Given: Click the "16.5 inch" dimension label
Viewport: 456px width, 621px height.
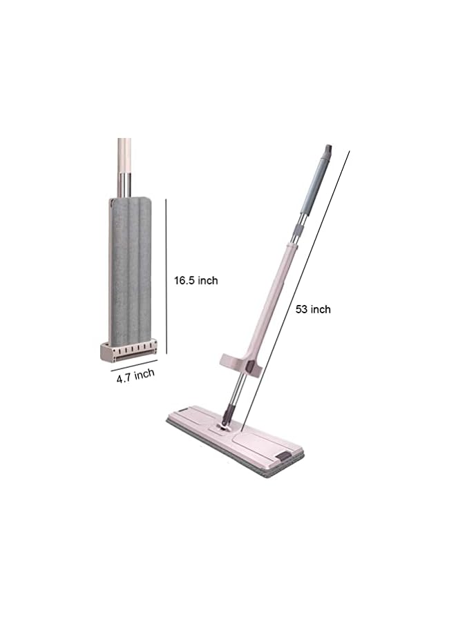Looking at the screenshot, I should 196,280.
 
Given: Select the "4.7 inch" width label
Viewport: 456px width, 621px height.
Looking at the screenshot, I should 135,375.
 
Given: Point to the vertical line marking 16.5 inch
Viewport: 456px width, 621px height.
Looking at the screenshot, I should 167,276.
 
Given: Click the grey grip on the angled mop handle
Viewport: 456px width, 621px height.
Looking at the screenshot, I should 312,186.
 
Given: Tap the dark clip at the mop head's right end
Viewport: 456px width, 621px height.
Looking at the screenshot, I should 284,457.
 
